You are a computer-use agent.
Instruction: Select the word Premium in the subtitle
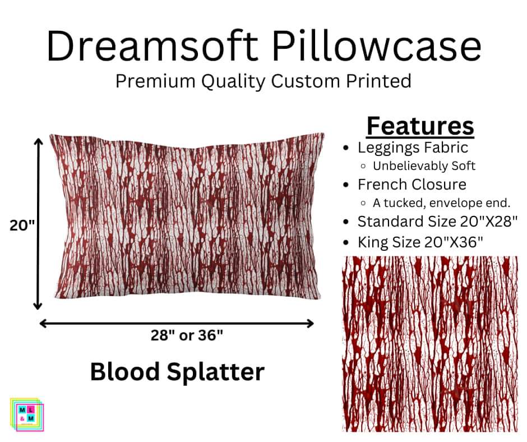click(x=150, y=81)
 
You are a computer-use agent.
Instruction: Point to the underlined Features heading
click(x=420, y=126)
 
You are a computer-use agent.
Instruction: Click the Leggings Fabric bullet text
click(x=413, y=148)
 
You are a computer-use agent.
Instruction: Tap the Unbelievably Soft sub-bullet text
click(x=424, y=166)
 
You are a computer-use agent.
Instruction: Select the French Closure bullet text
click(x=412, y=184)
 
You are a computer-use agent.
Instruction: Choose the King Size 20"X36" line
click(x=420, y=242)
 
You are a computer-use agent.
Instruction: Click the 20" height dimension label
click(x=22, y=225)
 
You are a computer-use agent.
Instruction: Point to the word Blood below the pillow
click(x=124, y=371)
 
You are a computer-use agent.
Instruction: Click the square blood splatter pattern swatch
click(x=430, y=344)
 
